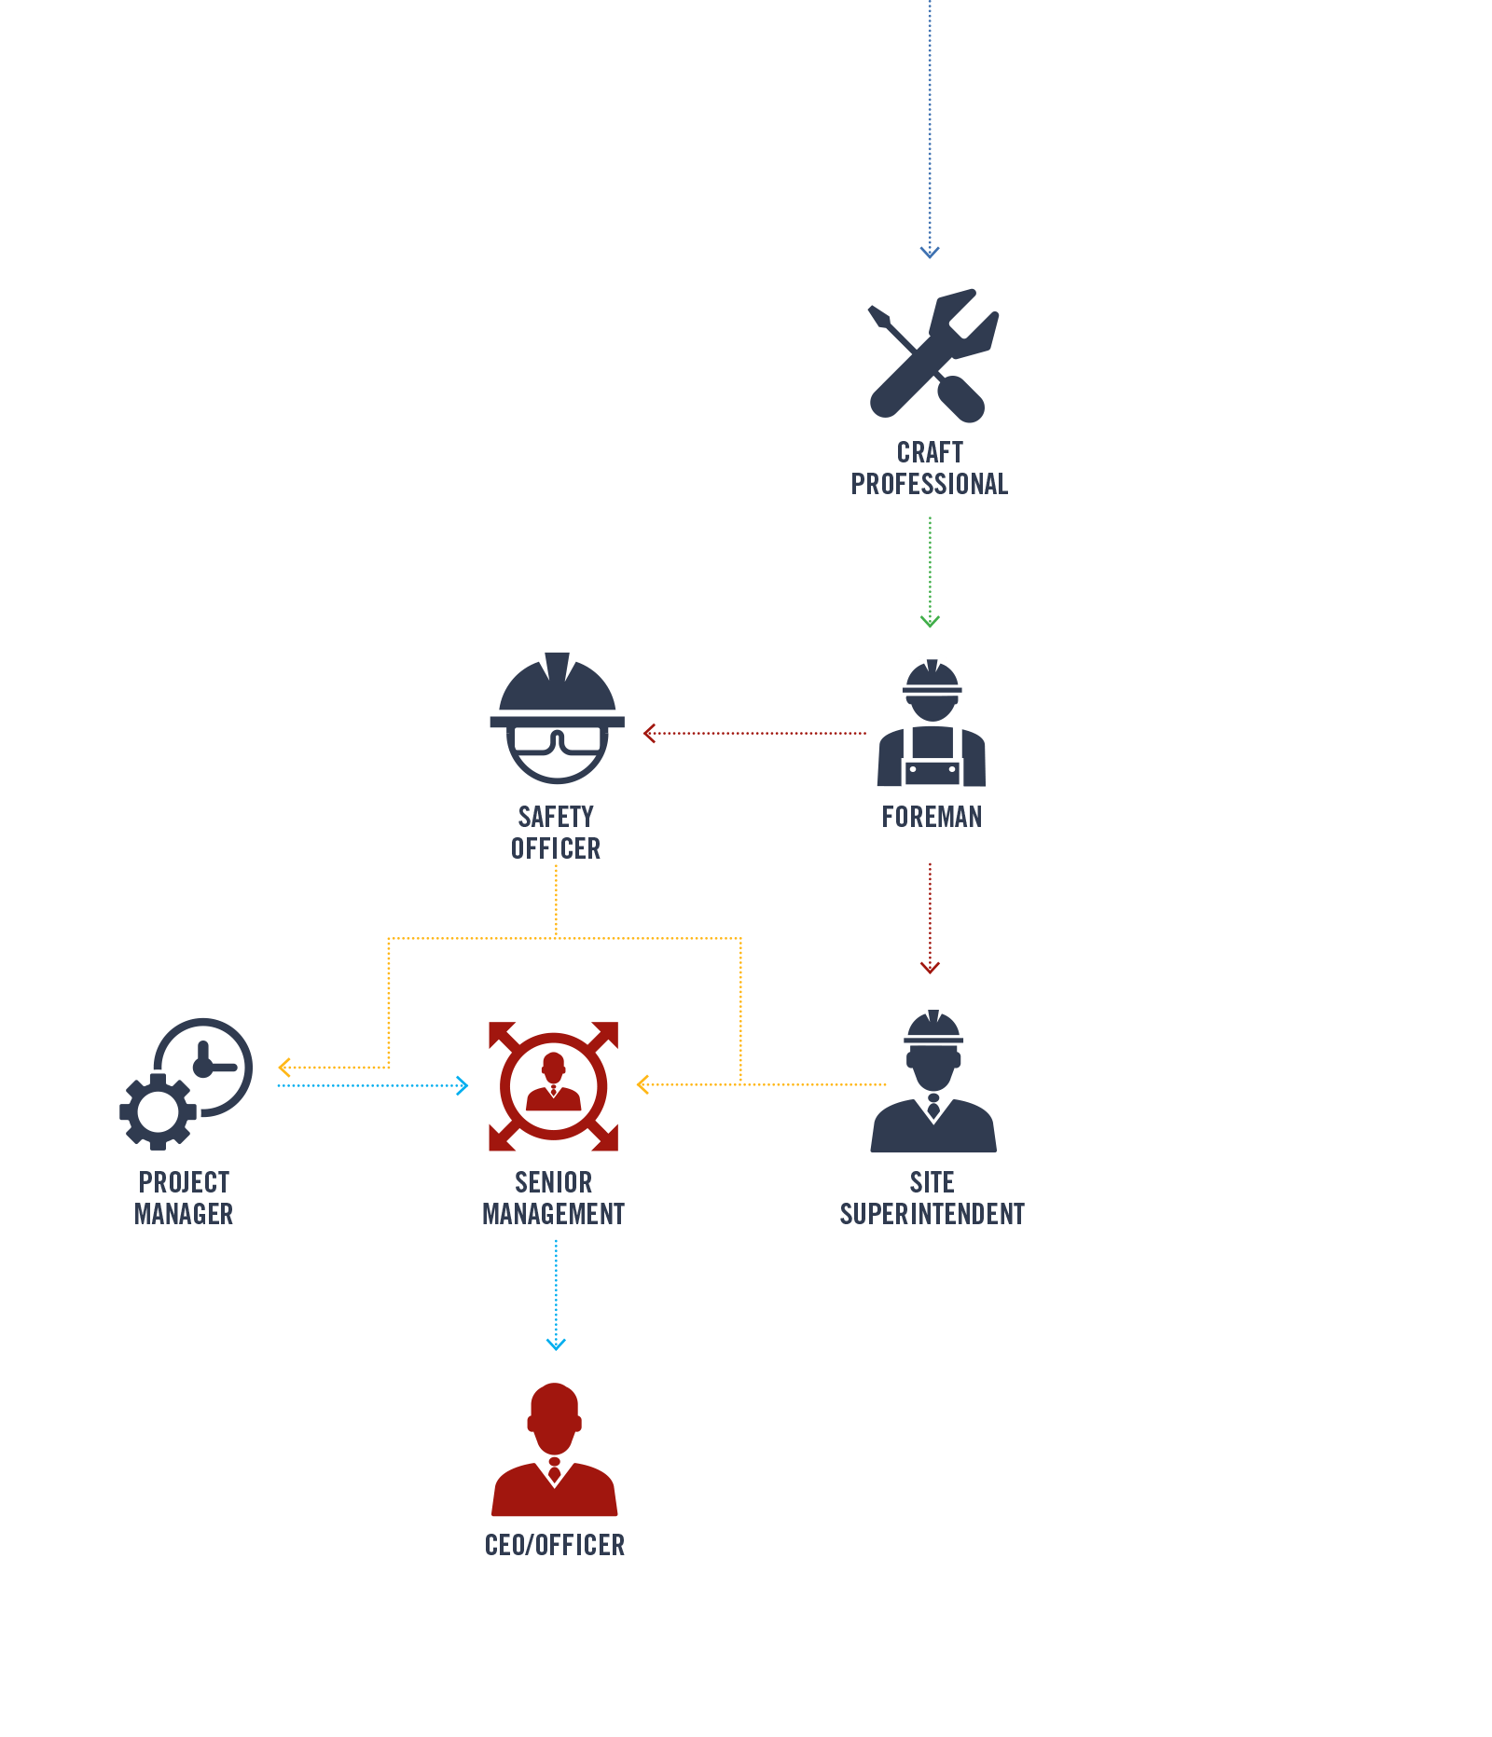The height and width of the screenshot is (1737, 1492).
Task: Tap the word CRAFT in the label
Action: (930, 452)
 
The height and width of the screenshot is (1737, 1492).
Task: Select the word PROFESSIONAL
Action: (930, 484)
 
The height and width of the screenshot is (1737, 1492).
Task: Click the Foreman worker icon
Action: (932, 724)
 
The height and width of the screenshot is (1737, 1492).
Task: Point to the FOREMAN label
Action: (932, 817)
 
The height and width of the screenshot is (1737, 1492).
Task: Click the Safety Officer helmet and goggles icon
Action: (557, 718)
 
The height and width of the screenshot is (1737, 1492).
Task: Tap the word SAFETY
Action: (556, 817)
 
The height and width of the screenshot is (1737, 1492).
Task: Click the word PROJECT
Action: (184, 1182)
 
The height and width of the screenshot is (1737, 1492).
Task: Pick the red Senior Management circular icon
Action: (554, 1086)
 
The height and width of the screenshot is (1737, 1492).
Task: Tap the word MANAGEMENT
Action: (553, 1214)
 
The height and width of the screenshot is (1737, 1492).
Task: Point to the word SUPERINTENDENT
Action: (932, 1214)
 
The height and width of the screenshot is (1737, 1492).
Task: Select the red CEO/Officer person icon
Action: (555, 1450)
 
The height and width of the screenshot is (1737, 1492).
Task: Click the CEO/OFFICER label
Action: (555, 1545)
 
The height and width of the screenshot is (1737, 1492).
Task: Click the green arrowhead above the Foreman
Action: (930, 621)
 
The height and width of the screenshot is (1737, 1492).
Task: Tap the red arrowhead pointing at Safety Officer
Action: (649, 734)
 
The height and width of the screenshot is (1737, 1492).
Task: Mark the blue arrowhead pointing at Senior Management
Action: (463, 1085)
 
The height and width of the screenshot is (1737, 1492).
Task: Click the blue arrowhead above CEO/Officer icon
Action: (556, 1344)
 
